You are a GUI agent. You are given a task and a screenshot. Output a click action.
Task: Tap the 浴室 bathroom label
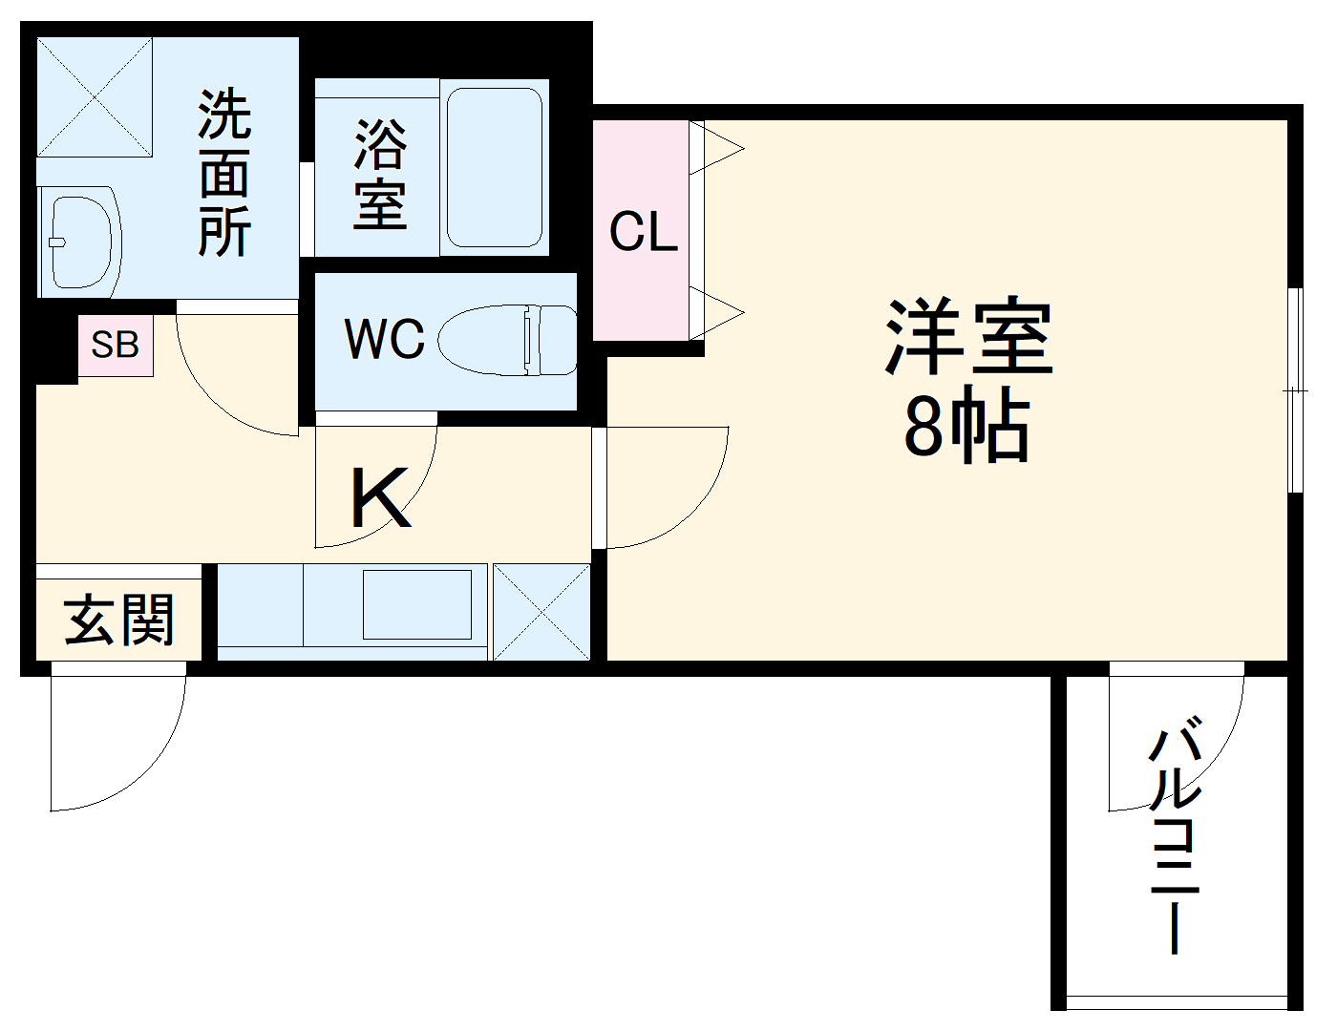(x=380, y=174)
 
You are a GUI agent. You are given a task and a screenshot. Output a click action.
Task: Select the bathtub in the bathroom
(x=495, y=168)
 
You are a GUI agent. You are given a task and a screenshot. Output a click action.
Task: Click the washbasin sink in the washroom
(x=80, y=242)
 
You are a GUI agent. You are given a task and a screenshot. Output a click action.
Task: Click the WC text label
(x=384, y=338)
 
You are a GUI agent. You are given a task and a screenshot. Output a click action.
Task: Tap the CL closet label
(x=644, y=232)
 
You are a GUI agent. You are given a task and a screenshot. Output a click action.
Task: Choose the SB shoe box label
(x=115, y=345)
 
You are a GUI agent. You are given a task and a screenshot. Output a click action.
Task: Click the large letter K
(x=380, y=498)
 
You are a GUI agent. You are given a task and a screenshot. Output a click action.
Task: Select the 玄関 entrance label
(x=119, y=620)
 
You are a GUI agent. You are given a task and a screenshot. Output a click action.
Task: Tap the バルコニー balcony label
(x=1175, y=840)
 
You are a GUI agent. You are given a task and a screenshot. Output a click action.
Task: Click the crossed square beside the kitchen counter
(x=541, y=612)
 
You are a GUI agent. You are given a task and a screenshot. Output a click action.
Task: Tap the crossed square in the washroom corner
(x=95, y=96)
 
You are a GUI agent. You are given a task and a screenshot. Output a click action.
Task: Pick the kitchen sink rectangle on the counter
(x=417, y=604)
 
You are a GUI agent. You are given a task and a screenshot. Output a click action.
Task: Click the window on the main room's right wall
(x=1295, y=389)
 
